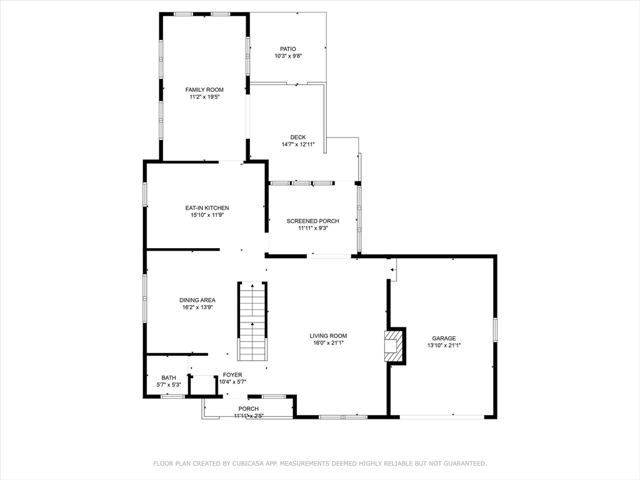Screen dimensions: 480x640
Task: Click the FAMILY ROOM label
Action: point(204,90)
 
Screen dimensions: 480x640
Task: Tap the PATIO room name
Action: point(287,49)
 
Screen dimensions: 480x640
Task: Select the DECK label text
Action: point(297,137)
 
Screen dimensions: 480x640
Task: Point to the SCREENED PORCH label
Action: point(312,221)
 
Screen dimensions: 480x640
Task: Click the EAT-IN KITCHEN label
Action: point(207,208)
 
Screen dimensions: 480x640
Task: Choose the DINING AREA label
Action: point(197,300)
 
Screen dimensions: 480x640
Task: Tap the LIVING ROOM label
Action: point(328,336)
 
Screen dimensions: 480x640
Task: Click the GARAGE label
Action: point(444,338)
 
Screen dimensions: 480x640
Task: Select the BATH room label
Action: point(169,377)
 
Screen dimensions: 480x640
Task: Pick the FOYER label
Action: point(232,375)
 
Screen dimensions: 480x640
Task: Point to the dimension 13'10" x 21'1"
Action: point(444,345)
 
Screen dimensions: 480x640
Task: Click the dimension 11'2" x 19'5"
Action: point(204,97)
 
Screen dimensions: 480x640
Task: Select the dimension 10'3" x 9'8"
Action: point(287,56)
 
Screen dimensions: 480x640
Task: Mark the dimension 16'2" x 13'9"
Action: point(197,307)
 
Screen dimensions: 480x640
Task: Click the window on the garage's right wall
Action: point(494,329)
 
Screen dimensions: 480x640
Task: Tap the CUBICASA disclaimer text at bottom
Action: point(320,464)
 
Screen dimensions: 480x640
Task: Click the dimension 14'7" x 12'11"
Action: point(297,144)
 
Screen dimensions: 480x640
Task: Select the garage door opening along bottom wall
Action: point(441,416)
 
